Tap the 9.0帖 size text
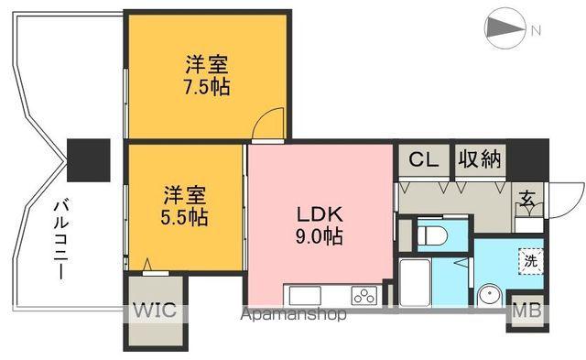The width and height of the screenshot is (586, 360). tap(319, 237)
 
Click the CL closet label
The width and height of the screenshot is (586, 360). tap(423, 159)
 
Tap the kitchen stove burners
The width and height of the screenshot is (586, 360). tap(364, 296)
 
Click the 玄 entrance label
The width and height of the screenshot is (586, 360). tap(529, 199)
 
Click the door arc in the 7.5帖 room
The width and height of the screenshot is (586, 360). tap(268, 124)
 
